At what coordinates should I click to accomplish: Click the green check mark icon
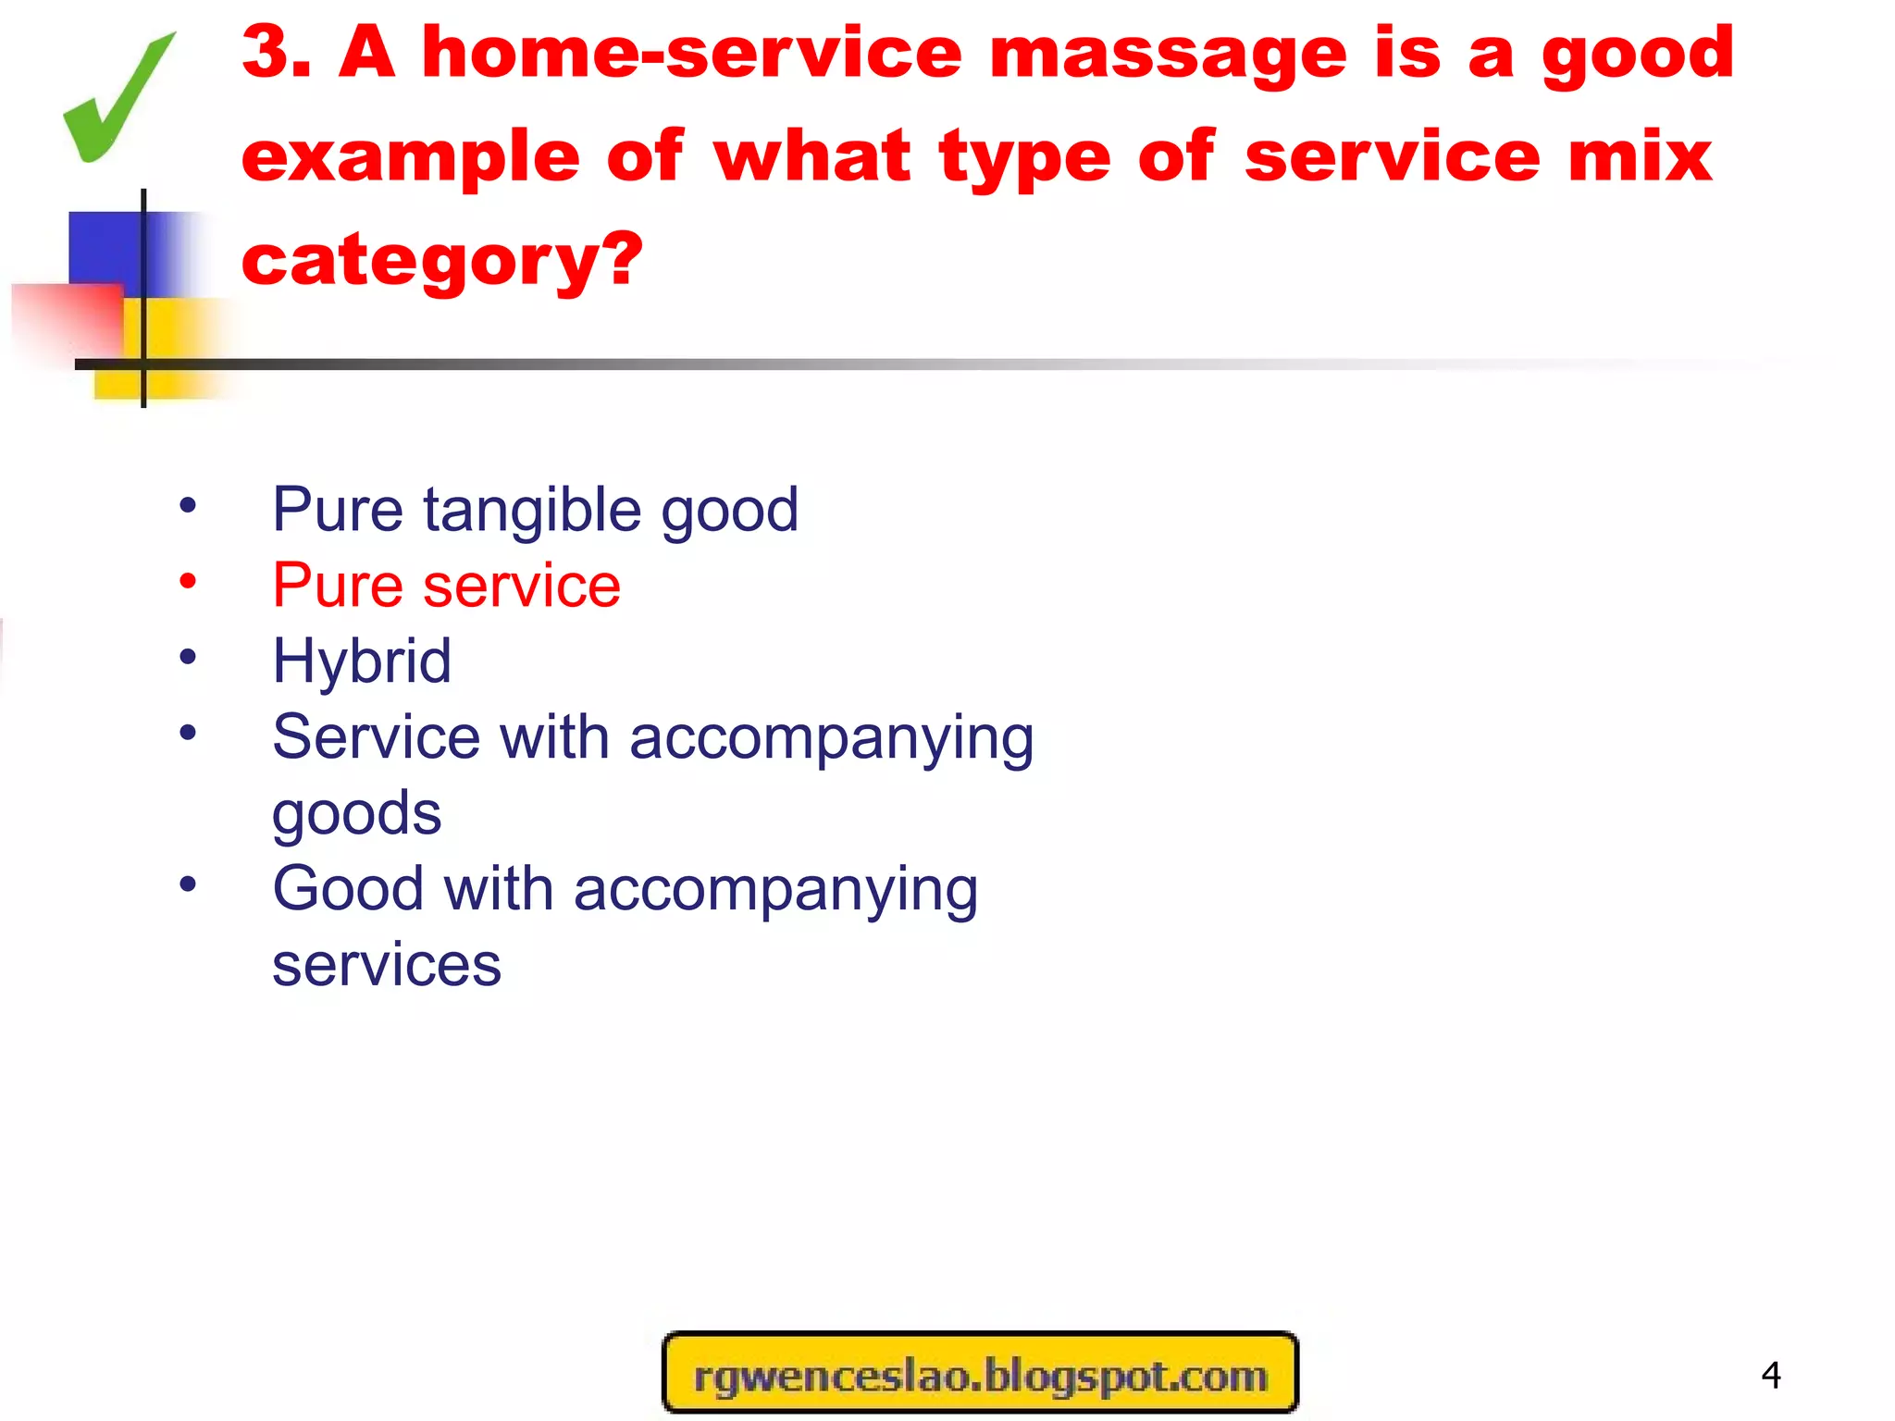(x=116, y=100)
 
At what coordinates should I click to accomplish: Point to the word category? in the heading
(x=441, y=262)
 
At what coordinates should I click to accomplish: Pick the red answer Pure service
(x=446, y=586)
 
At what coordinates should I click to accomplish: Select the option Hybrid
(x=362, y=661)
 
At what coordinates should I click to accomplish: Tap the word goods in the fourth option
(x=356, y=815)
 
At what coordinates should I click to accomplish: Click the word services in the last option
(x=386, y=965)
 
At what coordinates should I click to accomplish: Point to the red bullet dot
(x=188, y=582)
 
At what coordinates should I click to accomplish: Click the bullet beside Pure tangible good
(x=188, y=506)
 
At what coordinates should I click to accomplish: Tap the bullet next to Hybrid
(x=188, y=658)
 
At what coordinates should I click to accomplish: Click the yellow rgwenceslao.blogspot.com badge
(x=980, y=1374)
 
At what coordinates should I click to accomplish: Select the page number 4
(x=1771, y=1376)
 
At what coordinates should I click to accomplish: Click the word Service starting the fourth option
(x=376, y=738)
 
